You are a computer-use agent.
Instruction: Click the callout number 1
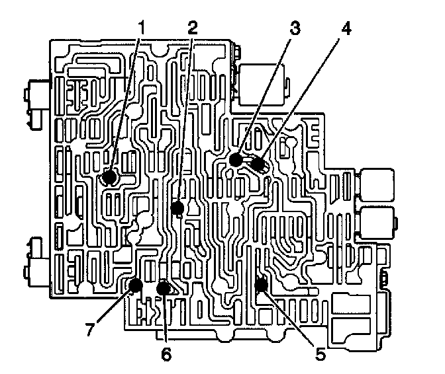[x=140, y=27]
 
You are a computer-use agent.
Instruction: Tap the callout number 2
[x=192, y=27]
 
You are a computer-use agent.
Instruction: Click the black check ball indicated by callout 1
[x=109, y=177]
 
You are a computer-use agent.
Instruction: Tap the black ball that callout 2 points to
[x=177, y=209]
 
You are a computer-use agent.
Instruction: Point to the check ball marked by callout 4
[x=258, y=165]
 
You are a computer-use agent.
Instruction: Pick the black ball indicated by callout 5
[x=261, y=285]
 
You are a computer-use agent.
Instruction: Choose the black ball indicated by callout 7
[x=135, y=285]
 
